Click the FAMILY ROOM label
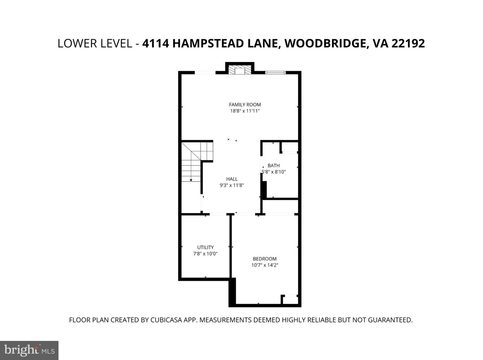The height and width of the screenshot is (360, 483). [x=245, y=105]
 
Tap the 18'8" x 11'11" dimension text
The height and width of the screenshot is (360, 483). [x=245, y=111]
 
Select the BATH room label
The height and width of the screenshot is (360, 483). [x=273, y=165]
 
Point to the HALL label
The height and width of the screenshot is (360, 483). [x=232, y=179]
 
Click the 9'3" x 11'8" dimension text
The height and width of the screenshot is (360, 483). [x=232, y=185]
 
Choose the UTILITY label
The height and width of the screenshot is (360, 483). [x=206, y=248]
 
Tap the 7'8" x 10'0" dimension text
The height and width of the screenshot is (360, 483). [x=206, y=254]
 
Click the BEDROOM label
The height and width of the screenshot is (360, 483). [x=265, y=259]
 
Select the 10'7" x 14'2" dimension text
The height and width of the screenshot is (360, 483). [x=265, y=265]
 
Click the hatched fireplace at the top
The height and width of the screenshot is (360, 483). [x=240, y=70]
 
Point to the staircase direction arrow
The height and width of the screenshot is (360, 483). [x=191, y=180]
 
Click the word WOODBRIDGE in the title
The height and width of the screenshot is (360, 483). [x=324, y=44]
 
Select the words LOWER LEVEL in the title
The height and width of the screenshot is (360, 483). [x=95, y=44]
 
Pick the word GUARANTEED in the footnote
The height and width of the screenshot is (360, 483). [x=390, y=320]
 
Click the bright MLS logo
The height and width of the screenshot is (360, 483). [x=29, y=350]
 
